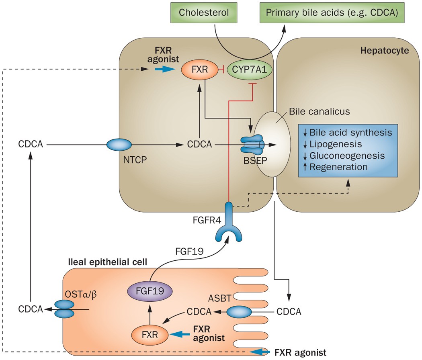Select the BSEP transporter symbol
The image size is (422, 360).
252,144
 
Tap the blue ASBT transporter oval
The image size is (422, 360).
239,311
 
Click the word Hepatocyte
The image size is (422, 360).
384,51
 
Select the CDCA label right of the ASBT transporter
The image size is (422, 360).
289,311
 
